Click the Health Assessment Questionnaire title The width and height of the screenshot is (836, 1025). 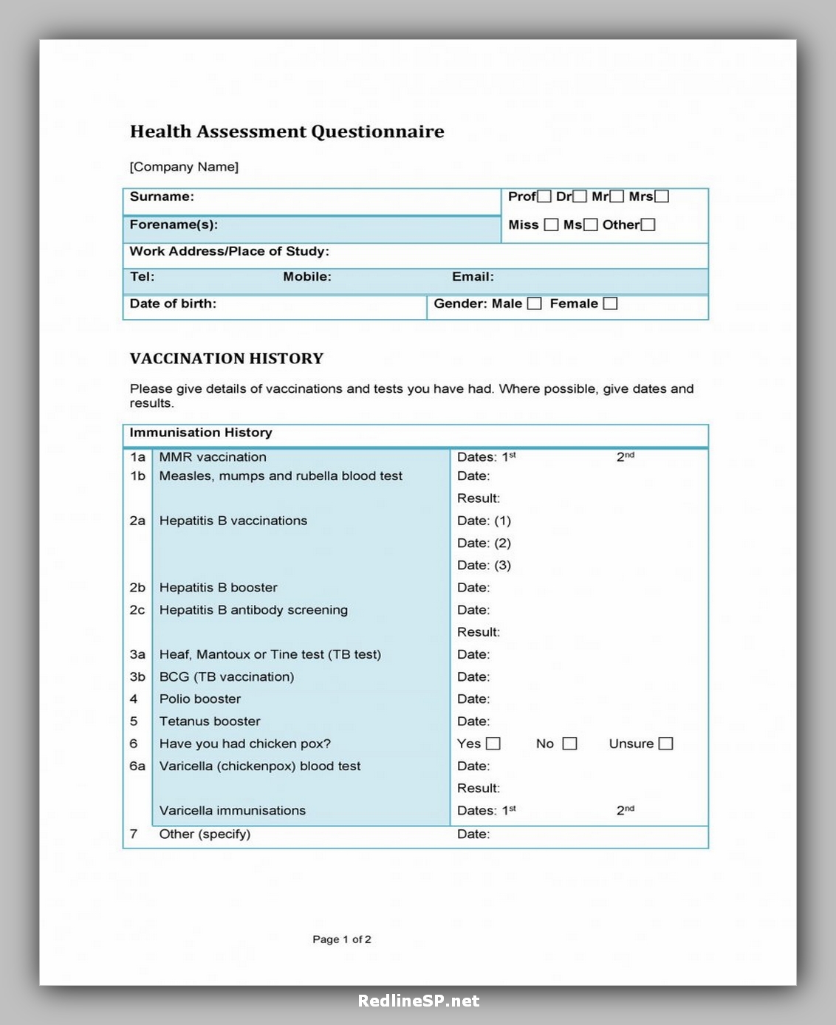click(287, 131)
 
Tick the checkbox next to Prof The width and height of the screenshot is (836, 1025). click(544, 196)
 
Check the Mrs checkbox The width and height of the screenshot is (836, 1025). click(662, 196)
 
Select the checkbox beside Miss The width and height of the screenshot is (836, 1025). click(551, 225)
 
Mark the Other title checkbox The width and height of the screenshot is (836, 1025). click(648, 225)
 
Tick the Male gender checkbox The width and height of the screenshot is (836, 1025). click(535, 304)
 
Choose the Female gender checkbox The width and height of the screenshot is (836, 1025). click(610, 304)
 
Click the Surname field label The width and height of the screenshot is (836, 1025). click(162, 196)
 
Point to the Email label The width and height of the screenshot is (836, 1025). click(473, 277)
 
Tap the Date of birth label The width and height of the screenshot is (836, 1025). click(173, 304)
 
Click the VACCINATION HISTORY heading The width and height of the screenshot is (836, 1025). click(227, 359)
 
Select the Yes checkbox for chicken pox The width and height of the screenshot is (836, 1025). click(493, 744)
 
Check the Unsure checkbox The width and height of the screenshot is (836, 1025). click(665, 744)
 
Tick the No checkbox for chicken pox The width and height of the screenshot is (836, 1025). click(569, 744)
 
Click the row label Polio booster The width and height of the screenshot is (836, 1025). click(200, 699)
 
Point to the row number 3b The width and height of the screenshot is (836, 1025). click(137, 677)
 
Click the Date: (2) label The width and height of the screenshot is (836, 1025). click(484, 543)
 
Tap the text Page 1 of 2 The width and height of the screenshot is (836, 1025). click(342, 939)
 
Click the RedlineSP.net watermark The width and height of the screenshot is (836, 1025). click(418, 1001)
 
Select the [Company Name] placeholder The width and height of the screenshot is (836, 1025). click(184, 167)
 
